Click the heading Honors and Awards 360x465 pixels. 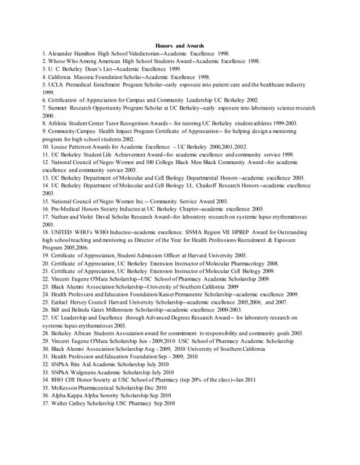[180, 46]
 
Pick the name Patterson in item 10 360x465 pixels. [84, 147]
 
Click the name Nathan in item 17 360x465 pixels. [63, 217]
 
